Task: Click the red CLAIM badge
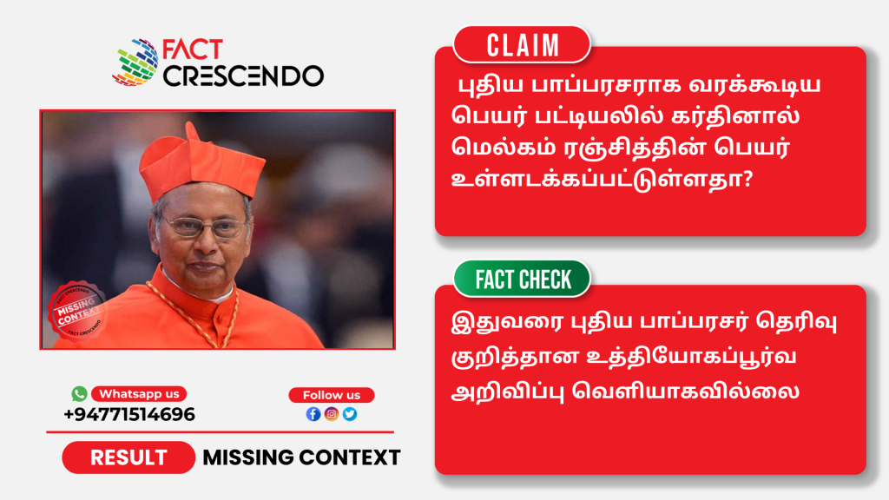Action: (x=522, y=45)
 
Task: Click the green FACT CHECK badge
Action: (x=522, y=279)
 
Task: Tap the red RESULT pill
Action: (x=128, y=457)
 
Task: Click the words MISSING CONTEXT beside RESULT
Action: (x=301, y=457)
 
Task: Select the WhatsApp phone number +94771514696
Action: (x=129, y=414)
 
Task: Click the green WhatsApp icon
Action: (x=79, y=393)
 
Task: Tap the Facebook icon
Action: (x=313, y=414)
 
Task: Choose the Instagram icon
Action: (x=332, y=414)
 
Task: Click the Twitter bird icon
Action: (x=350, y=414)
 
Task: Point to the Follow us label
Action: (x=332, y=395)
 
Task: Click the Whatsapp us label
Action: (x=139, y=394)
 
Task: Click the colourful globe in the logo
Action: (x=136, y=62)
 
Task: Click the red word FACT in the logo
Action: (x=192, y=49)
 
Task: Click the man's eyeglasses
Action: (x=204, y=227)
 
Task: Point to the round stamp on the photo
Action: (x=77, y=311)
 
